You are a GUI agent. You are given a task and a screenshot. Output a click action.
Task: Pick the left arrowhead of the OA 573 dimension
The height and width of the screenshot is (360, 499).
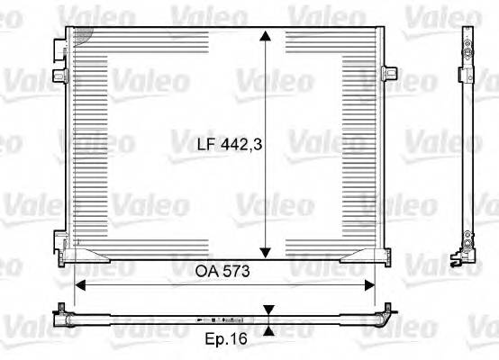(80, 284)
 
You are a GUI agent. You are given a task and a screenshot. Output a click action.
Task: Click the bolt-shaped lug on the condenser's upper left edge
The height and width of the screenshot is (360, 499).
(59, 74)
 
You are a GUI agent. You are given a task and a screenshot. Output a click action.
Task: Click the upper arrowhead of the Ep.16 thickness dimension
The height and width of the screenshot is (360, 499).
(268, 310)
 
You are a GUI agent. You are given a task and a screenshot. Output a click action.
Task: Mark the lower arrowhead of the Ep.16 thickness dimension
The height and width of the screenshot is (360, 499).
(268, 326)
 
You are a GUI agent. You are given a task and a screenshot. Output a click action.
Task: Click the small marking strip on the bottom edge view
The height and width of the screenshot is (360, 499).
(221, 319)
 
